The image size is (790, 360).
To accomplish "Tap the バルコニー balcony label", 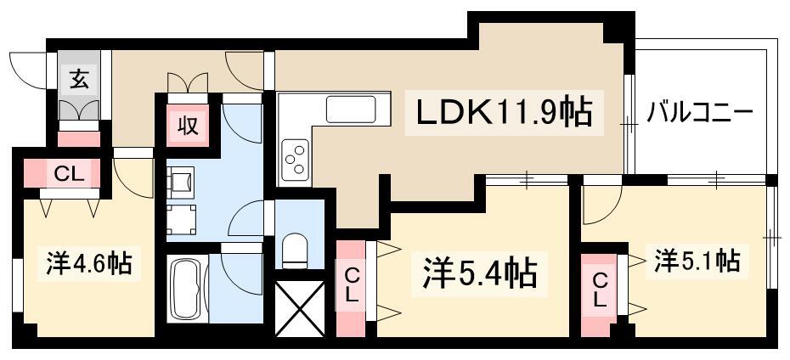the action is [x=700, y=111].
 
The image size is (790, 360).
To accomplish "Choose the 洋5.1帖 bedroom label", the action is [x=697, y=261].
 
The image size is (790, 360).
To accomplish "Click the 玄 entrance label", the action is [x=78, y=79].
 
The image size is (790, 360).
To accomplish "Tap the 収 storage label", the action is [x=188, y=125].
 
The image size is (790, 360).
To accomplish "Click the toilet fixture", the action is [x=296, y=250].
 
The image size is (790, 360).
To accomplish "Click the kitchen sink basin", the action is [x=351, y=109].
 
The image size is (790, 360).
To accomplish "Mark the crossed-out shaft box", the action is [x=299, y=308].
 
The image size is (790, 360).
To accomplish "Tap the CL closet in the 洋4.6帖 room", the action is [x=69, y=174].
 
